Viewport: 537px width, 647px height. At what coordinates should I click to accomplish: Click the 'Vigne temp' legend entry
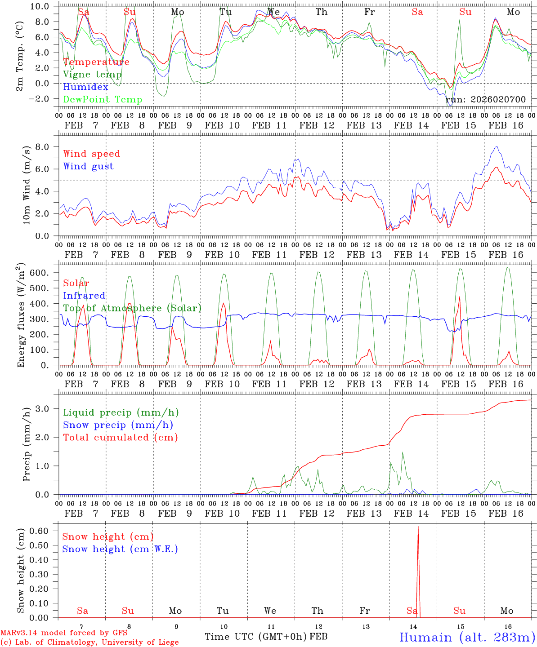coord(92,75)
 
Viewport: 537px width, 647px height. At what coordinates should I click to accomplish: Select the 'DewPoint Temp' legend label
coord(103,99)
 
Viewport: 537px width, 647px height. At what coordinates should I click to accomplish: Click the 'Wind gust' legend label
coord(88,166)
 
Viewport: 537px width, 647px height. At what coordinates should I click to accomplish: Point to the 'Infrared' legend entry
coord(84,296)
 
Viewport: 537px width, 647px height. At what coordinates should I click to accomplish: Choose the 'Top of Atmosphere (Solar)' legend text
coord(132,308)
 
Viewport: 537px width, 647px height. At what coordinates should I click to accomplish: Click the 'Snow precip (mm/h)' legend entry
coord(118,425)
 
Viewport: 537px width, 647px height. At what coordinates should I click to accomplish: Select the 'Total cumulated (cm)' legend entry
coord(121,437)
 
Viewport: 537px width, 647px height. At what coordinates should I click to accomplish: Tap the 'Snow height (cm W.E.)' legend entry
coord(120,549)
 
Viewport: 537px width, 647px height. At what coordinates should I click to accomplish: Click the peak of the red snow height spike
coord(418,527)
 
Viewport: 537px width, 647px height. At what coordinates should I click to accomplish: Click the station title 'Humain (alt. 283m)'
coord(467,637)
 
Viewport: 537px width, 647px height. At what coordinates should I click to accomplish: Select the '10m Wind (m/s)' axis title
coord(27,184)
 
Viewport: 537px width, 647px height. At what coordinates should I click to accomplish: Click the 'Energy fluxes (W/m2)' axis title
coord(21,315)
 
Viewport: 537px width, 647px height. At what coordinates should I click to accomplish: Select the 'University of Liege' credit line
coord(90,643)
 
